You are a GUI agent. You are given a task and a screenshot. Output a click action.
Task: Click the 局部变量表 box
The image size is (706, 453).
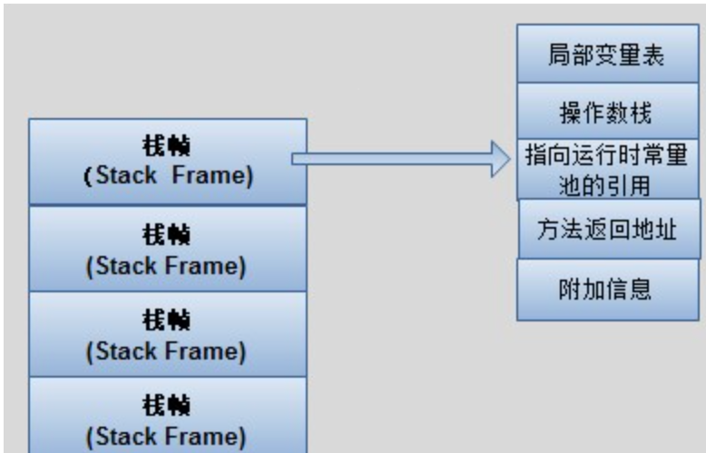(607, 54)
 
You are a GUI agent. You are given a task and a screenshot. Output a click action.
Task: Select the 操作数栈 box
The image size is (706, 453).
(607, 113)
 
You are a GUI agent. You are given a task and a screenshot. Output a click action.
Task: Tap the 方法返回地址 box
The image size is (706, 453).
(608, 230)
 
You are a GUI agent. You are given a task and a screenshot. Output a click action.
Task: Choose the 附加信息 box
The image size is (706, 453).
(607, 290)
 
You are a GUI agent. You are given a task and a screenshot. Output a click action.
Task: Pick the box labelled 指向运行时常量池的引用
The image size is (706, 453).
(607, 169)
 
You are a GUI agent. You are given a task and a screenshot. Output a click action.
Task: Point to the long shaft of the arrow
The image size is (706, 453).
(390, 159)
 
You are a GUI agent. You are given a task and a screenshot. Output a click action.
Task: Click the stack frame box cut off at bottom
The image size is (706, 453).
(167, 418)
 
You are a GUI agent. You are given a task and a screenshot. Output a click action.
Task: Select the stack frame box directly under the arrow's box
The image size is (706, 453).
(167, 249)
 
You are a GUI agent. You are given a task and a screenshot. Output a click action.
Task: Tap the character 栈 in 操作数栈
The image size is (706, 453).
(641, 113)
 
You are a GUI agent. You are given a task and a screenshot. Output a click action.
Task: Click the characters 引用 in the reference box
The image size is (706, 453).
(629, 184)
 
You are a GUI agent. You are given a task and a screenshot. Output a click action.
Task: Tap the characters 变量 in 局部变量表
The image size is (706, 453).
(607, 54)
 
